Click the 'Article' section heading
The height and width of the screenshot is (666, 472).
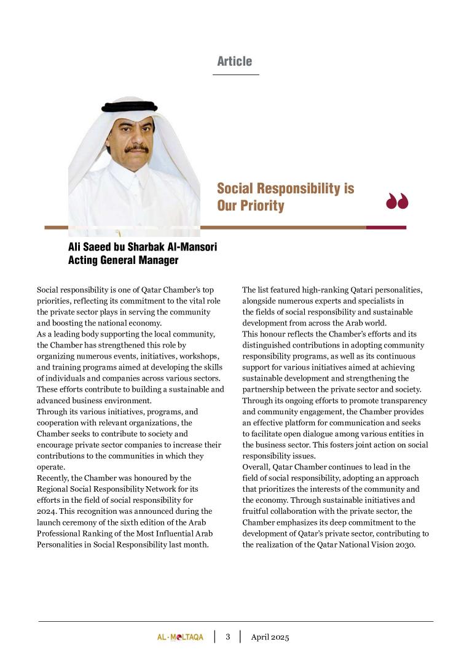[x=235, y=61]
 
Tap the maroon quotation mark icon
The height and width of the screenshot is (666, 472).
[x=397, y=201]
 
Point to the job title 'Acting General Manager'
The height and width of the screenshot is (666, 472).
[x=123, y=260]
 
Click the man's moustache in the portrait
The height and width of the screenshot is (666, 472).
[x=136, y=149]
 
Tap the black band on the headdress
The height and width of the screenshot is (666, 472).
[x=130, y=107]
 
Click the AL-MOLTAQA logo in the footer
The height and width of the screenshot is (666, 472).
[x=180, y=637]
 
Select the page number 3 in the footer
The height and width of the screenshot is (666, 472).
[x=227, y=637]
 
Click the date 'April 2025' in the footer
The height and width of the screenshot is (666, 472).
[x=270, y=637]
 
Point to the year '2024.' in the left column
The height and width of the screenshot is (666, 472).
[x=48, y=511]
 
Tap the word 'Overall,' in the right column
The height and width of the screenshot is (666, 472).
[x=258, y=467]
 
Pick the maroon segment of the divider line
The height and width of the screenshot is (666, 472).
[x=386, y=228]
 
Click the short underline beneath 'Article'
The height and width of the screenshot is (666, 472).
[x=236, y=74]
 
